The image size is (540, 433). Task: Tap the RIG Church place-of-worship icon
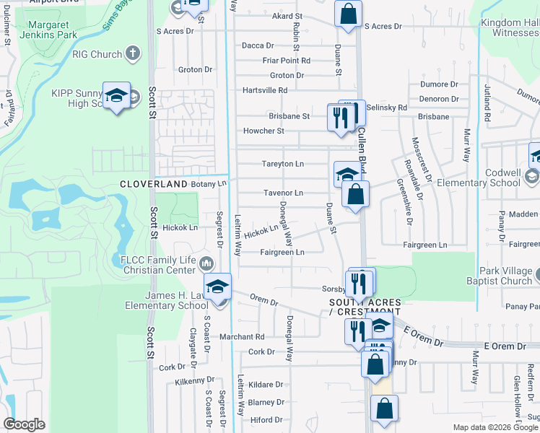pyautogui.click(x=132, y=53)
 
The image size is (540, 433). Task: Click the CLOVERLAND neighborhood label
pyautogui.click(x=153, y=185)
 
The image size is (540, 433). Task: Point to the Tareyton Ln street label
pyautogui.click(x=282, y=164)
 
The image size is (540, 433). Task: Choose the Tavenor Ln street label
pyautogui.click(x=283, y=193)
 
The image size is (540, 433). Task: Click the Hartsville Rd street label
pyautogui.click(x=265, y=90)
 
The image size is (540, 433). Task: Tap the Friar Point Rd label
pyautogui.click(x=286, y=61)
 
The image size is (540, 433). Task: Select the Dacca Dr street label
pyautogui.click(x=258, y=45)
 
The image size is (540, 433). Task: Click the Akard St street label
pyautogui.click(x=287, y=16)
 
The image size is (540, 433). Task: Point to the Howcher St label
pyautogui.click(x=264, y=131)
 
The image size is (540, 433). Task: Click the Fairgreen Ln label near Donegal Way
pyautogui.click(x=282, y=252)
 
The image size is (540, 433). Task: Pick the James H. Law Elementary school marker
pyautogui.click(x=217, y=287)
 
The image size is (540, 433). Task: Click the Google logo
pyautogui.click(x=24, y=424)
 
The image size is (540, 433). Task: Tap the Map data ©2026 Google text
pyautogui.click(x=496, y=427)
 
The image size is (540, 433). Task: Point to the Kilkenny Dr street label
pyautogui.click(x=195, y=379)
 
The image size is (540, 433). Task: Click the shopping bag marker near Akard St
pyautogui.click(x=348, y=14)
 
